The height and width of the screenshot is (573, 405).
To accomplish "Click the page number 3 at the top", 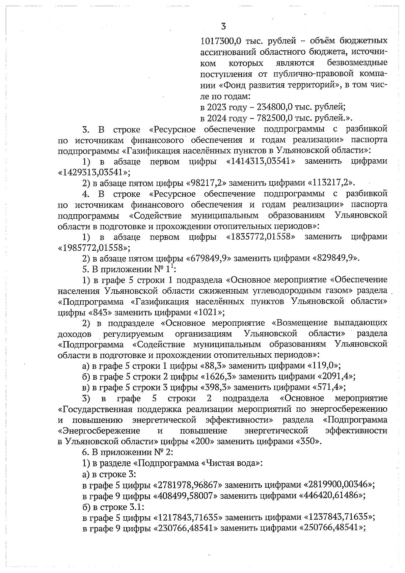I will [x=223, y=26].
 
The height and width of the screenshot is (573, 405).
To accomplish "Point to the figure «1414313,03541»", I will [x=261, y=162].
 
